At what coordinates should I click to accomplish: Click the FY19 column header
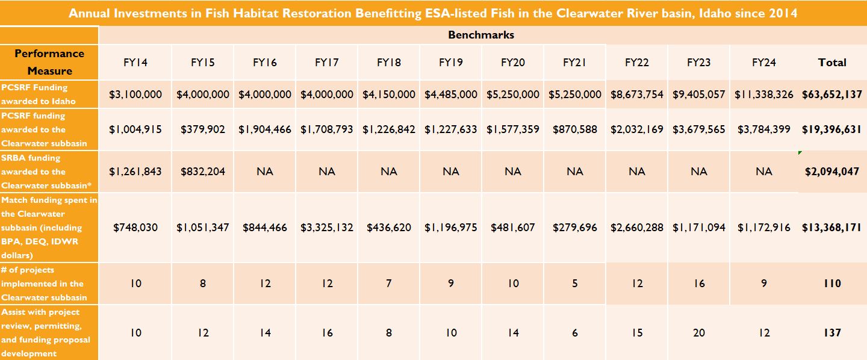pos(450,63)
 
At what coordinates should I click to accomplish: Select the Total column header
pos(832,63)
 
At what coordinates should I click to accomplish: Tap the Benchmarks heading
pos(481,35)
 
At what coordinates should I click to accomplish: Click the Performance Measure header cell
pos(49,62)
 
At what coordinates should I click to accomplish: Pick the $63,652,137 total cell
pos(832,94)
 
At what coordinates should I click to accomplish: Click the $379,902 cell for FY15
pos(202,129)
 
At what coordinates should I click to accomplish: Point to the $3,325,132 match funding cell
pos(327,227)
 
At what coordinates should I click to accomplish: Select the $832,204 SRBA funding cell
pos(202,171)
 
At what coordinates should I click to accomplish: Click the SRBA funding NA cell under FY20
pos(513,171)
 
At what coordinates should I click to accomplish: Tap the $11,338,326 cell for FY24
pos(763,94)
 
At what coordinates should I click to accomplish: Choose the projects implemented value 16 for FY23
pos(699,284)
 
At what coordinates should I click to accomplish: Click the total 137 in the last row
pos(832,332)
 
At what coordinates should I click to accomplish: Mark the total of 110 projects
pos(832,284)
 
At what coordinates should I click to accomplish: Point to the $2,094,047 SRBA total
pos(832,171)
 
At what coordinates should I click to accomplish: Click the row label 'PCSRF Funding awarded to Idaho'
pos(38,94)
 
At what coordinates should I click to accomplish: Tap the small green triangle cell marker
pos(800,152)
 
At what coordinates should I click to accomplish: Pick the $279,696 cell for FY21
pos(575,227)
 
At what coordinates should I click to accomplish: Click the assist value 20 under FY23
pos(699,332)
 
